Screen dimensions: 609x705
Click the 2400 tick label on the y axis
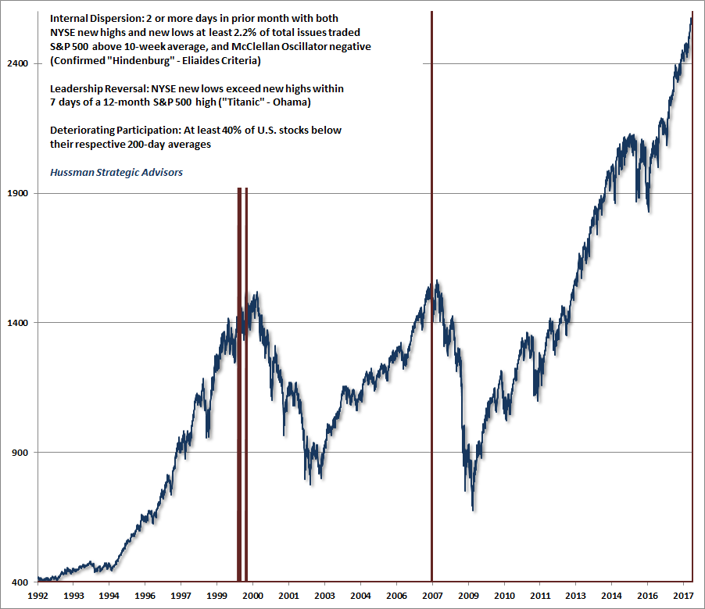pos(20,63)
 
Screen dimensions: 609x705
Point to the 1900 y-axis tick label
pos(20,193)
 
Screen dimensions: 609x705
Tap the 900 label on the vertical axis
pos(23,453)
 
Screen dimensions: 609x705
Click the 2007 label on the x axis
pos(432,596)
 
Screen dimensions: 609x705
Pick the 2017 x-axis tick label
pos(683,596)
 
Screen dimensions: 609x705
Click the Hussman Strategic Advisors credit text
pos(116,172)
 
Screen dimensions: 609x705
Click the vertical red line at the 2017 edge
pos(692,313)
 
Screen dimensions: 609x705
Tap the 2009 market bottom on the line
pos(473,510)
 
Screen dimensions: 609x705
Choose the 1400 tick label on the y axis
pos(20,323)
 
